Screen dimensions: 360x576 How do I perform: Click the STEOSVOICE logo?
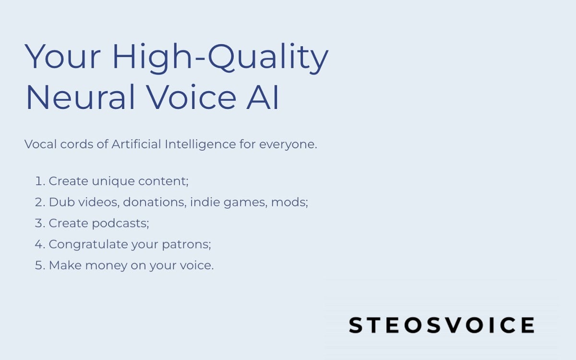441,325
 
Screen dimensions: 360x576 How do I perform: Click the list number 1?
39,181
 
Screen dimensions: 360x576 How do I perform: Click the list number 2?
39,202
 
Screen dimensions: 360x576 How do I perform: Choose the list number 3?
39,223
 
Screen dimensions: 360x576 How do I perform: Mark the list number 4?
39,244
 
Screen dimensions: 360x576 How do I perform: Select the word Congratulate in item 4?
89,244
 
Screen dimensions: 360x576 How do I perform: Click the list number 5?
39,265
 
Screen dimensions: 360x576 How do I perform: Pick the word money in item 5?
106,265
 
